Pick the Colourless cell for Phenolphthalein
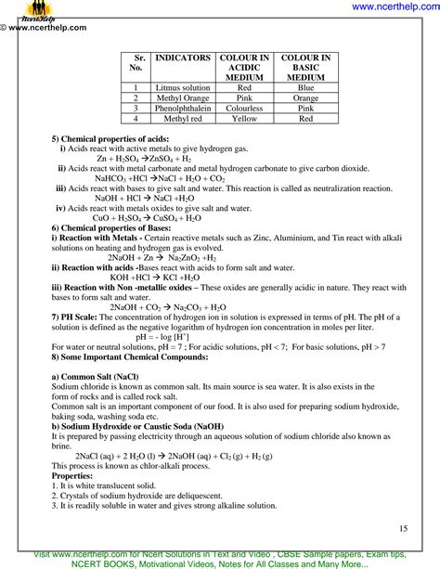pyautogui.click(x=244, y=108)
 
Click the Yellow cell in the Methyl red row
pyautogui.click(x=244, y=119)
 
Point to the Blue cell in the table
pyautogui.click(x=305, y=87)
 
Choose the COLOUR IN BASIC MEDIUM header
pyautogui.click(x=305, y=68)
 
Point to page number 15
pyautogui.click(x=403, y=528)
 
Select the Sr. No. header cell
pyautogui.click(x=136, y=63)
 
